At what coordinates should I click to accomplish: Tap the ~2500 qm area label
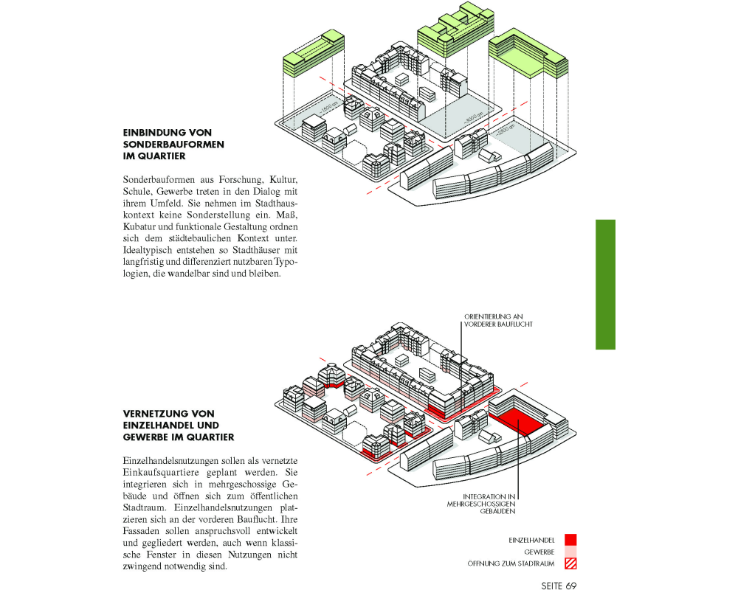505,131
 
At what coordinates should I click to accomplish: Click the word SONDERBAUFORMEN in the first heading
173,145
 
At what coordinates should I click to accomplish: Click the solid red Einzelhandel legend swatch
570,540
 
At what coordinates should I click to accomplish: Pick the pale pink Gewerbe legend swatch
570,552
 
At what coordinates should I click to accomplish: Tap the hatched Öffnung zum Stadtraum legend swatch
570,564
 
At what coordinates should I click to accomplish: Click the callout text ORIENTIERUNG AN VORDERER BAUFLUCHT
498,320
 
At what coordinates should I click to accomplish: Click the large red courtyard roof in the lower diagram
518,420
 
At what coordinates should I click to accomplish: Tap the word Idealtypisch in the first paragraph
148,251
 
